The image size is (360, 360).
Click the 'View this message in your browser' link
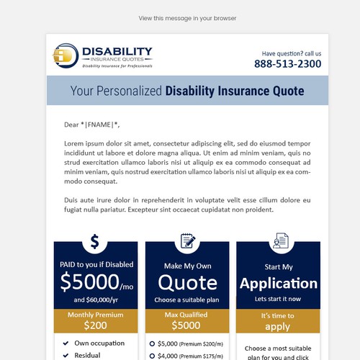click(x=187, y=18)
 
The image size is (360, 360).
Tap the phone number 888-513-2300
click(x=287, y=64)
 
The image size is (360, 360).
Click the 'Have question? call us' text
click(x=291, y=53)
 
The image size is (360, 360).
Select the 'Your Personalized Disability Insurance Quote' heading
click(x=187, y=91)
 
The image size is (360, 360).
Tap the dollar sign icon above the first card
click(x=94, y=241)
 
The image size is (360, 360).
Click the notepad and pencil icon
click(x=187, y=241)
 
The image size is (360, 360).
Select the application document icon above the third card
click(x=279, y=241)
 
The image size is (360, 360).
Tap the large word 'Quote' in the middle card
click(x=187, y=282)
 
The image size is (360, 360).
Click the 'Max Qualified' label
click(x=187, y=315)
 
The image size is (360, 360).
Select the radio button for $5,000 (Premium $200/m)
click(x=152, y=344)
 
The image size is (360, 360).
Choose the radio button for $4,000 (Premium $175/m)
click(x=152, y=356)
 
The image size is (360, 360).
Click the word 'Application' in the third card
click(x=279, y=283)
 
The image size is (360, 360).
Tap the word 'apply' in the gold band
click(x=279, y=326)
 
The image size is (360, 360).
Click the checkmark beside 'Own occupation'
click(x=66, y=343)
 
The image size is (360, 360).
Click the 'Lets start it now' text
click(x=279, y=298)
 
